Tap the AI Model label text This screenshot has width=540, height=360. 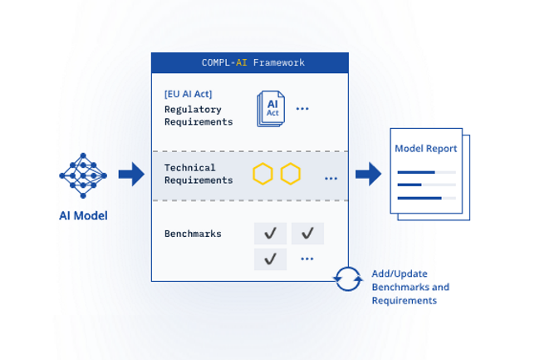83,216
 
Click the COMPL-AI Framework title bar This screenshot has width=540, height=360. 249,62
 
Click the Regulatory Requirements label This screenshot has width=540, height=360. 198,116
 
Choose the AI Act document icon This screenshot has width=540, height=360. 271,109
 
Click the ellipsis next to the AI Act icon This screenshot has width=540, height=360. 302,109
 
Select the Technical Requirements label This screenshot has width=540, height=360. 198,174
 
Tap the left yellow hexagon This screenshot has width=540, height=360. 263,174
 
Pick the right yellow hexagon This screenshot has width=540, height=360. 290,174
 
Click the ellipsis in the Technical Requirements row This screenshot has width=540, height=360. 331,178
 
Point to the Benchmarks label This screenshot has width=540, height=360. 193,234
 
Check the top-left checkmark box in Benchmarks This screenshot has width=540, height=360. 270,234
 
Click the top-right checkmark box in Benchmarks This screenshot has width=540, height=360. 307,234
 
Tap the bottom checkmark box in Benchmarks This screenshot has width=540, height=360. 270,259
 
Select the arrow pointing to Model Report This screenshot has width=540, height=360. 368,174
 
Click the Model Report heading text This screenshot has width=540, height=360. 425,149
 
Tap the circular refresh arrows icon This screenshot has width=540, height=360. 348,279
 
